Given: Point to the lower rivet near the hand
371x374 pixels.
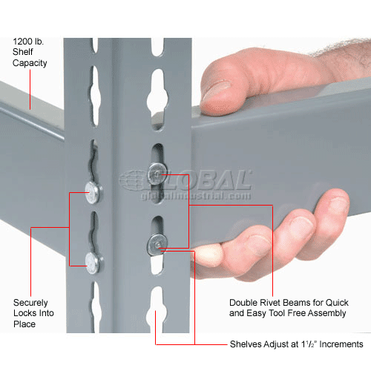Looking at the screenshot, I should pos(157,243).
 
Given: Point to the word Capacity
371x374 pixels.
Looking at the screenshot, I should pos(30,63).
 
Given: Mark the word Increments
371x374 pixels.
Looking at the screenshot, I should pos(338,344).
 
